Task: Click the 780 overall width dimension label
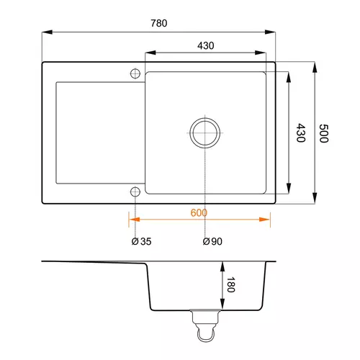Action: pos(159,23)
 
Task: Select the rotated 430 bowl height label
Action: pos(301,133)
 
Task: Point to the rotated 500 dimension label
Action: pos(324,133)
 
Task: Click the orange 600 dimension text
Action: pos(199,213)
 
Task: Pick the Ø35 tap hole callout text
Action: pos(141,241)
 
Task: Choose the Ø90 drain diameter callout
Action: pos(212,241)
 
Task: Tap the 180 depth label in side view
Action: pos(231,284)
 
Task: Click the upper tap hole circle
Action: pos(135,73)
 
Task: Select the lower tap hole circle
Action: pos(135,192)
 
